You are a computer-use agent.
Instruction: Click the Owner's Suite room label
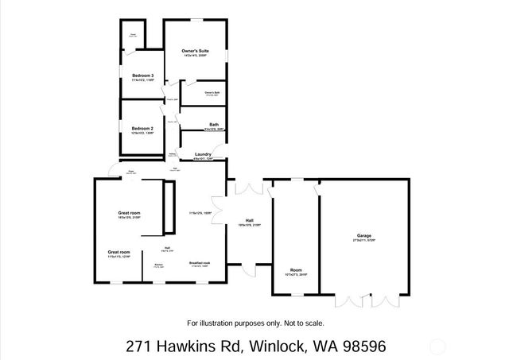194,52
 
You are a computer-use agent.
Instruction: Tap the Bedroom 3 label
142,75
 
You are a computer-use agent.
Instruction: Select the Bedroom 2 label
142,128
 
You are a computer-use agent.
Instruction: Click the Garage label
364,235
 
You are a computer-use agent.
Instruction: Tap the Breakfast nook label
199,263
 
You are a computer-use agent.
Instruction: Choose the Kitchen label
158,264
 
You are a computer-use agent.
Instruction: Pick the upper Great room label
129,213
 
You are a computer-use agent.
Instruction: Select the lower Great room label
119,252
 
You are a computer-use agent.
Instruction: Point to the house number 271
139,346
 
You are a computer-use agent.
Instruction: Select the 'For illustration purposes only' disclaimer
255,323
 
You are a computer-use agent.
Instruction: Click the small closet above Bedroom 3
134,36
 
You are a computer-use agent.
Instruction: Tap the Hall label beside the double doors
249,220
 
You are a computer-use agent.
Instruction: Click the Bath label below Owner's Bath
214,125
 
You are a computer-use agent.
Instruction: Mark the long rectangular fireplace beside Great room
168,207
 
